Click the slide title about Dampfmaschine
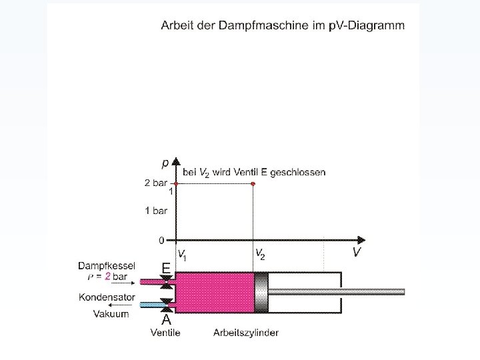click(x=282, y=26)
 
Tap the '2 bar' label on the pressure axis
click(x=155, y=183)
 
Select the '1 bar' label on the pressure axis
click(x=156, y=211)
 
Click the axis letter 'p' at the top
click(x=165, y=162)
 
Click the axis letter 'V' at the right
click(x=357, y=252)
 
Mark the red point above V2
click(x=253, y=183)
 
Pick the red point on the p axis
click(x=175, y=183)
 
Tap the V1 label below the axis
click(x=181, y=254)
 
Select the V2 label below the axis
click(x=260, y=254)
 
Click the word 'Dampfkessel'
click(x=107, y=265)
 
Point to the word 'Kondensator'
click(x=107, y=297)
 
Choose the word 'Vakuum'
click(x=111, y=314)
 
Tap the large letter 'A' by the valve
click(x=167, y=319)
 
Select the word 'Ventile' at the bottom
click(x=165, y=333)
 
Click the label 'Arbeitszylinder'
click(x=246, y=333)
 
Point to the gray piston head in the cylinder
click(x=261, y=292)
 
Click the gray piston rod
click(x=337, y=291)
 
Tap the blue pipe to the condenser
click(x=154, y=305)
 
